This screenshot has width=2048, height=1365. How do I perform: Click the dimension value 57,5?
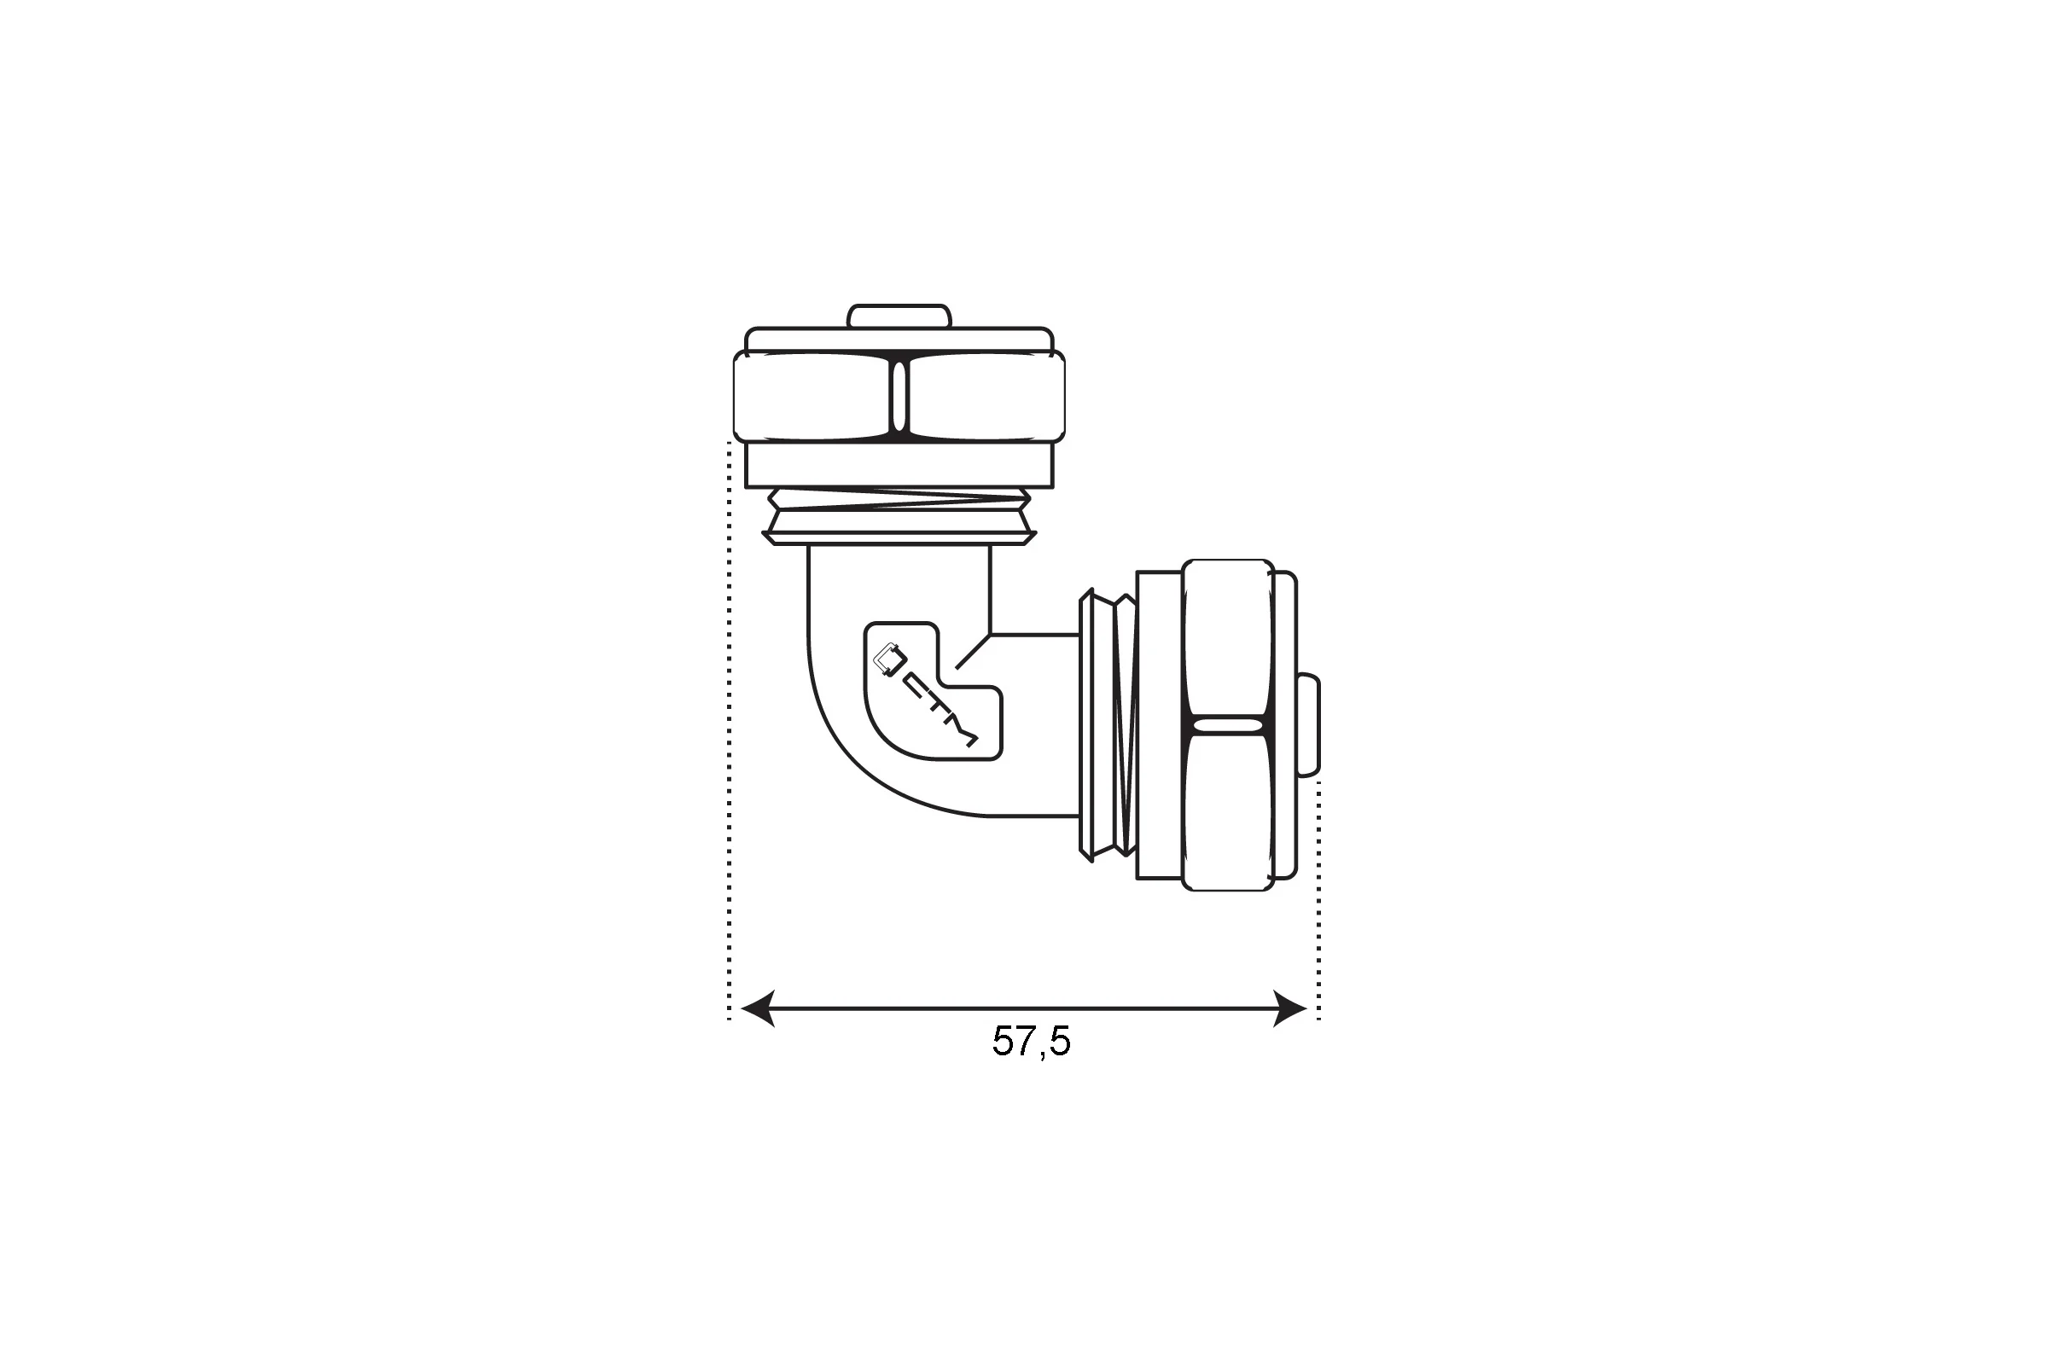click(1031, 1041)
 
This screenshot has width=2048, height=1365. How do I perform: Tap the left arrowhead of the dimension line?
click(758, 1008)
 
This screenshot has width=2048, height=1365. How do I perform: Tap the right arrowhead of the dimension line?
click(1289, 1008)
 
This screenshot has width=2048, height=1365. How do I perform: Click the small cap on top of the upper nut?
click(899, 316)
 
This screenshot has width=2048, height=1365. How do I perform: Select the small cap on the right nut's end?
click(1309, 724)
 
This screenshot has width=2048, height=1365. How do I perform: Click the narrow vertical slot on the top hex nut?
click(899, 396)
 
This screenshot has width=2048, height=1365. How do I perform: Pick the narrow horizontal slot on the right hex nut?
click(1228, 725)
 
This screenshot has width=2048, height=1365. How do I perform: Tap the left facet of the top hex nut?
click(812, 396)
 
